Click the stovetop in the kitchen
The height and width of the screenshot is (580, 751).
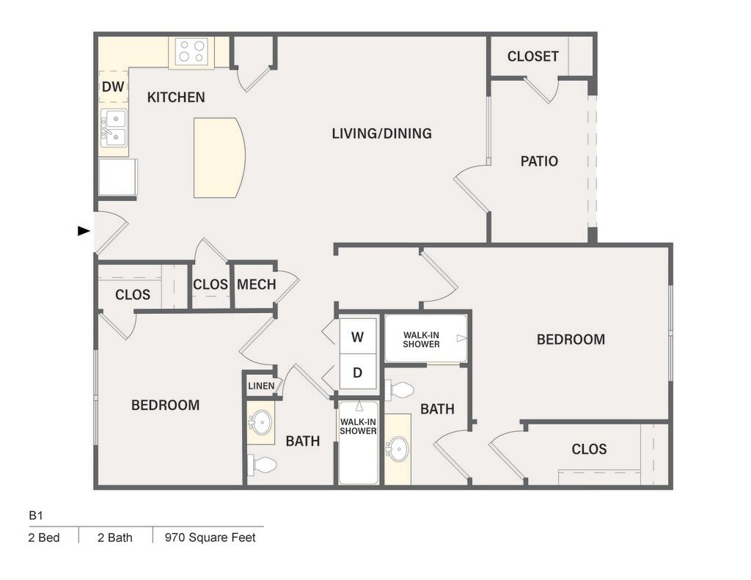[191, 52]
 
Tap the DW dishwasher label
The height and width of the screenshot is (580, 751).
[113, 87]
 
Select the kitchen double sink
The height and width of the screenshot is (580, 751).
[114, 128]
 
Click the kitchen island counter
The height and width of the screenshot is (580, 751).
[219, 158]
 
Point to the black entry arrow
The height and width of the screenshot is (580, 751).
[84, 231]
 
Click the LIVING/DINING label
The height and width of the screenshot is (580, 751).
[381, 133]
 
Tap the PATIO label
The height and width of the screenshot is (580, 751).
[539, 161]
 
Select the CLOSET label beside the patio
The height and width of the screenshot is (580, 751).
[533, 56]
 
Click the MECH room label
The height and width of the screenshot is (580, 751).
[256, 285]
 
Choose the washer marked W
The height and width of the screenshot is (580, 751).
[358, 337]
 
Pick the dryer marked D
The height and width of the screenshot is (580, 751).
[358, 372]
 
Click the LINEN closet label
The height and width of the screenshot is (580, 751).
[261, 386]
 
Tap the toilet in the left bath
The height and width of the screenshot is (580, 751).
[262, 464]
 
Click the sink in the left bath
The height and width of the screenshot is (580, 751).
[262, 422]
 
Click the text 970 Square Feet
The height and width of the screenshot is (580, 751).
[210, 537]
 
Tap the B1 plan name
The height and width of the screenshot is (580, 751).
[36, 515]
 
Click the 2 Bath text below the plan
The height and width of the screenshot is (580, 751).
[115, 537]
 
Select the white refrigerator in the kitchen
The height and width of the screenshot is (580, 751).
[117, 177]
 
